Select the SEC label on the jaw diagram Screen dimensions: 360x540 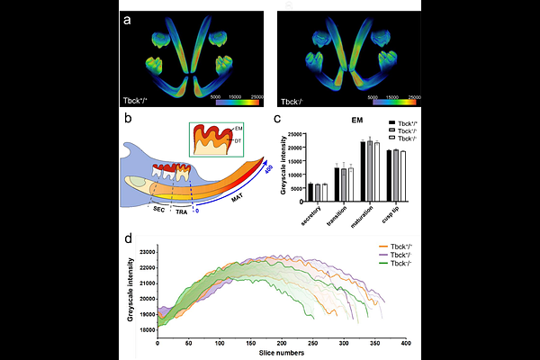[157, 210]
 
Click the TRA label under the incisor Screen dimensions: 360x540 [184, 210]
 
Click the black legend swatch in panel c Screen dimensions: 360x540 [391, 121]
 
